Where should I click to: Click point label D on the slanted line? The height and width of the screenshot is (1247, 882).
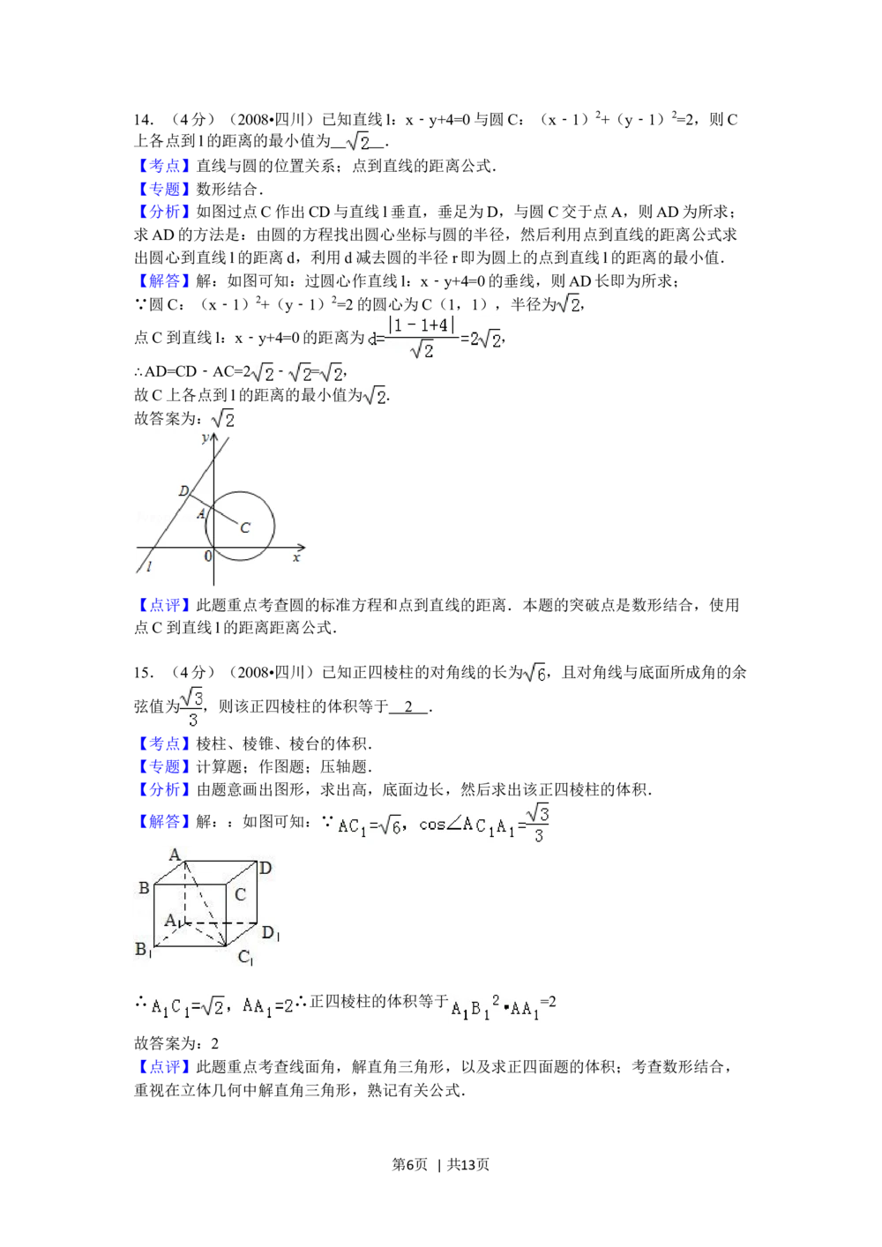tap(183, 491)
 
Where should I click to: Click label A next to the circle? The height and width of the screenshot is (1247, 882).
tap(200, 513)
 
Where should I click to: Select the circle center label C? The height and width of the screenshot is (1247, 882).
tap(245, 527)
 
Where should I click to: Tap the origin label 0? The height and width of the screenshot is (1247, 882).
tap(209, 556)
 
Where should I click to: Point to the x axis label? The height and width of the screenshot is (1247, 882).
tap(297, 557)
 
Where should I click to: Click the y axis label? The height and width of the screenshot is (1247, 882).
tap(205, 437)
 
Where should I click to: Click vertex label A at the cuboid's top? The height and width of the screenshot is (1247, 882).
tap(175, 854)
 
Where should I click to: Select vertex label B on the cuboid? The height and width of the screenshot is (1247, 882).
tap(144, 888)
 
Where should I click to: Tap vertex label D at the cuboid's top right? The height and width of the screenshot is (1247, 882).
tap(265, 868)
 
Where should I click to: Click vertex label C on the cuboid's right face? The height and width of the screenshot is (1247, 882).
tap(240, 894)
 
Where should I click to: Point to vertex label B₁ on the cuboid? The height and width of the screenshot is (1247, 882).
tap(144, 950)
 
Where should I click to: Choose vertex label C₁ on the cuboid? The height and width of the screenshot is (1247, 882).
tap(246, 958)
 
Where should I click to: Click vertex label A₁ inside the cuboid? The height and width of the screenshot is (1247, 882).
tap(174, 921)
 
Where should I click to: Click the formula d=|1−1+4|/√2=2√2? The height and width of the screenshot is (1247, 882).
tap(430, 339)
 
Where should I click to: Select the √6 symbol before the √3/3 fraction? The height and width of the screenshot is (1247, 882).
tap(535, 672)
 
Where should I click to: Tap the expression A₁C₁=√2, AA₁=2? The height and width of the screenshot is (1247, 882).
tap(221, 1006)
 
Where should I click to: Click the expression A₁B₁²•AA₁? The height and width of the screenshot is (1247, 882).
tap(494, 1009)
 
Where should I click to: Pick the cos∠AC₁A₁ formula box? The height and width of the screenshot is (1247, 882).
tap(441, 823)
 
